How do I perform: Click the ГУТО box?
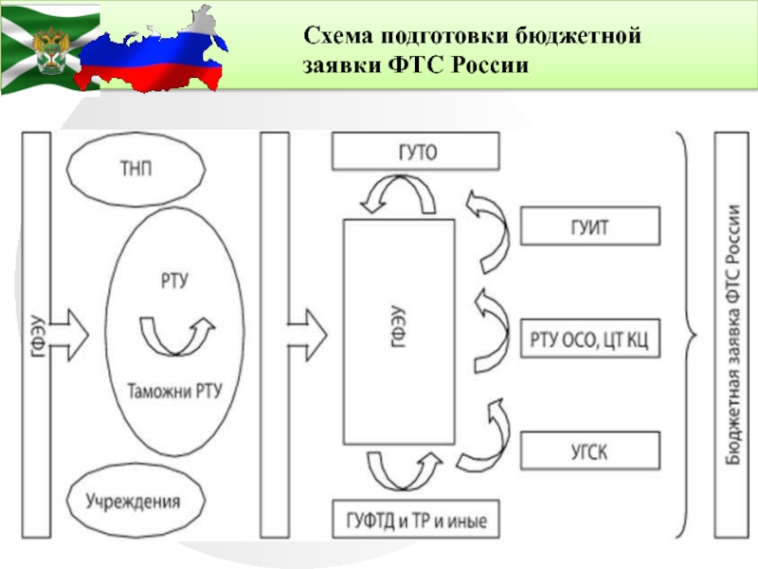[x=416, y=152]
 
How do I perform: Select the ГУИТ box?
[x=589, y=226]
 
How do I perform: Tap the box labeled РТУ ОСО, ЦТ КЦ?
[x=589, y=339]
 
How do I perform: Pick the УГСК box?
[x=589, y=451]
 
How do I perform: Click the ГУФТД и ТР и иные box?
[x=416, y=519]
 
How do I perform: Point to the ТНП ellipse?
[x=135, y=169]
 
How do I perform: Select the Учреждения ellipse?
[x=135, y=501]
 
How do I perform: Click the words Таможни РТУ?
[x=174, y=391]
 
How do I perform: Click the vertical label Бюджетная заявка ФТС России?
[x=732, y=335]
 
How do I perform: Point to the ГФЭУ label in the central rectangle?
[x=397, y=326]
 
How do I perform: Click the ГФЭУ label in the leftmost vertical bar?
[x=37, y=336]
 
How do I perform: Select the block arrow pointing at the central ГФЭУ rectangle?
[x=307, y=335]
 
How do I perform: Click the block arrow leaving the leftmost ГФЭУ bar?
[x=68, y=335]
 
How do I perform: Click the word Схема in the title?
[x=338, y=36]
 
